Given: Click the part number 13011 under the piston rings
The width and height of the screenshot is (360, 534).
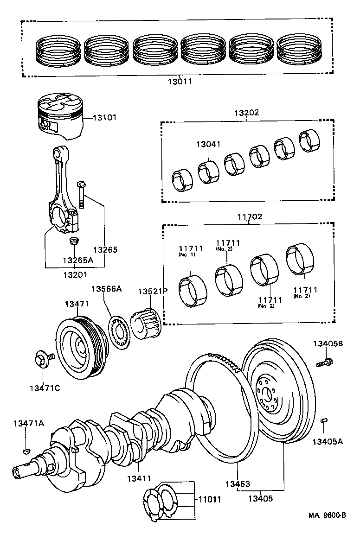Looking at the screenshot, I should (180, 82).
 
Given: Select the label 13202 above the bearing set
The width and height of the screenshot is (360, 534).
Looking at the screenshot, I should (246, 113).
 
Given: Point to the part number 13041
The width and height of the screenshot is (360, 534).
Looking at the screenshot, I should (208, 145).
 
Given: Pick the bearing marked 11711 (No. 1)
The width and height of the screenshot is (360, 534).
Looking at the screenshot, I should (192, 291).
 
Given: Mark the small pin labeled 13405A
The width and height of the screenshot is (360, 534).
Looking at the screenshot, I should (324, 420).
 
